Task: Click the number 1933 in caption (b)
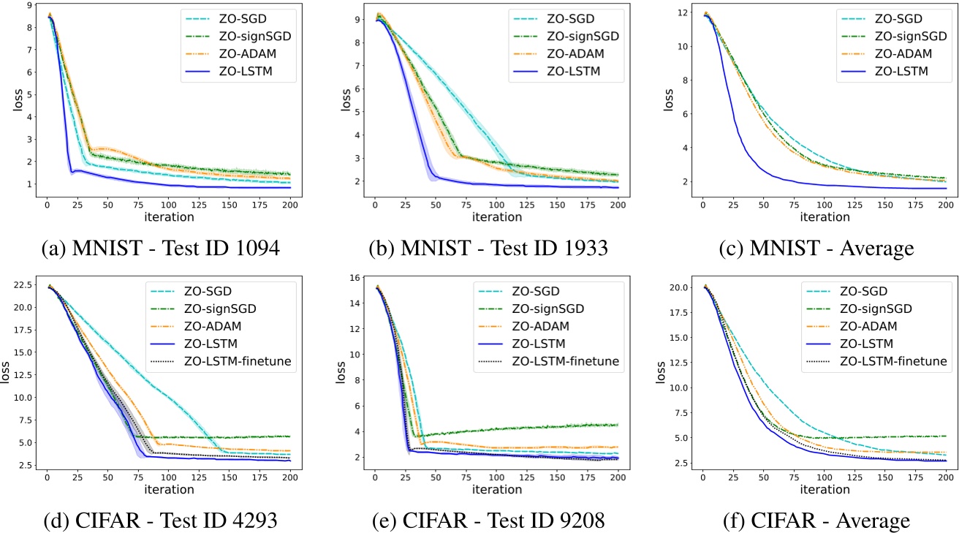click(580, 249)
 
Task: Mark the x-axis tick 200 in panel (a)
click(290, 204)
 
